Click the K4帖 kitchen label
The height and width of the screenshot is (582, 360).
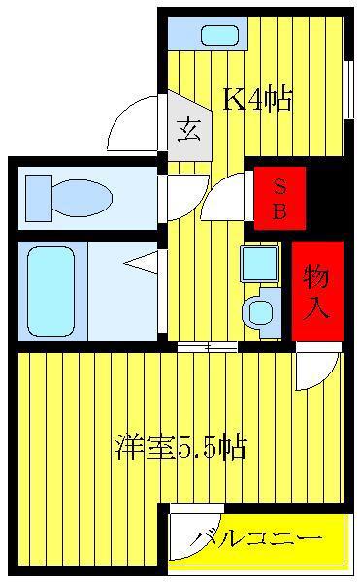[x=257, y=100]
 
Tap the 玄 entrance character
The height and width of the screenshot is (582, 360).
[x=189, y=130]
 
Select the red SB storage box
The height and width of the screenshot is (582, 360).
[x=279, y=198]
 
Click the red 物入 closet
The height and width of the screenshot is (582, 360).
[x=317, y=291]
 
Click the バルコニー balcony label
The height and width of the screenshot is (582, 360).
[x=255, y=538]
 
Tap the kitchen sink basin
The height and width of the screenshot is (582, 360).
[x=219, y=35]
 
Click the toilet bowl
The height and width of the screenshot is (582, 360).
[x=82, y=198]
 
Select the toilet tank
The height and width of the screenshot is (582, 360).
[x=39, y=198]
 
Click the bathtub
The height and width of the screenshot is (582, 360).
[x=50, y=292]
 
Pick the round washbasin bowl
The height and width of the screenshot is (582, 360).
[x=260, y=311]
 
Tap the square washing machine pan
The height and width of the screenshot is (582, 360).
[x=260, y=264]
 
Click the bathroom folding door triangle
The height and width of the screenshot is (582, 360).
[x=141, y=263]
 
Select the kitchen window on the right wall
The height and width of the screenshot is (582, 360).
[x=348, y=89]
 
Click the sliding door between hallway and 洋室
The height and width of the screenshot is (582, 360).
[x=207, y=347]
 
